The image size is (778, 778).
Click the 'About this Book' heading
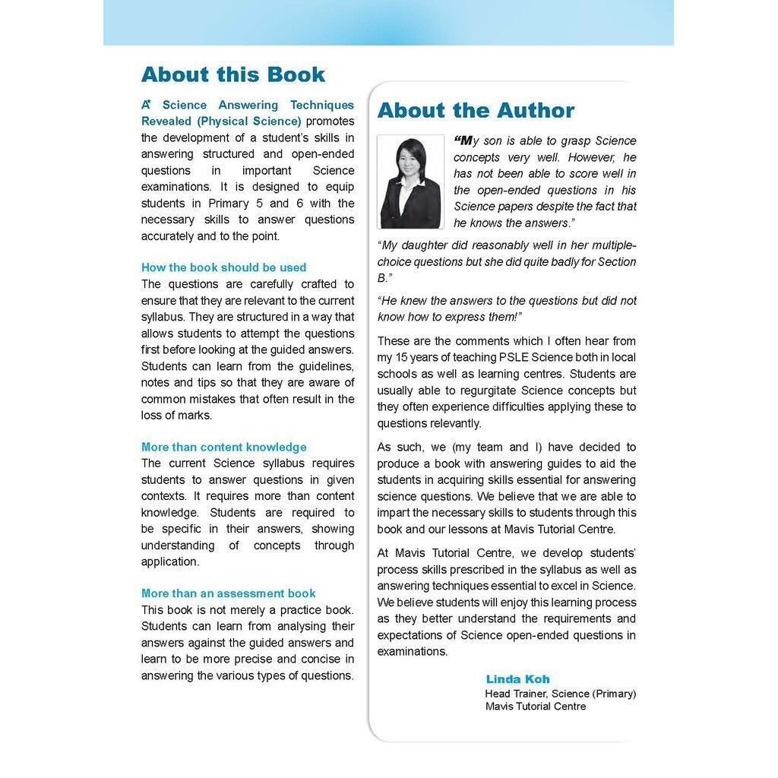click(232, 74)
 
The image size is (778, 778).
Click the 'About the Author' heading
click(476, 110)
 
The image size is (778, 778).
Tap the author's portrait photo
click(411, 182)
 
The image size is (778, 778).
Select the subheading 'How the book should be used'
click(223, 267)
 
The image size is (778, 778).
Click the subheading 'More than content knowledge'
click(223, 447)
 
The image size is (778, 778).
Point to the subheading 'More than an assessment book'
click(228, 593)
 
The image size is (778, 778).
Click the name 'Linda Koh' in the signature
click(517, 679)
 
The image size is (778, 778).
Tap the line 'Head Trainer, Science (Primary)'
click(560, 694)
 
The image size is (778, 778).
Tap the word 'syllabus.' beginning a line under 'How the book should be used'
click(162, 317)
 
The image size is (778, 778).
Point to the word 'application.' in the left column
click(169, 561)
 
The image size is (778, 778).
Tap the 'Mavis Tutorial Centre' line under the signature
click(536, 707)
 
